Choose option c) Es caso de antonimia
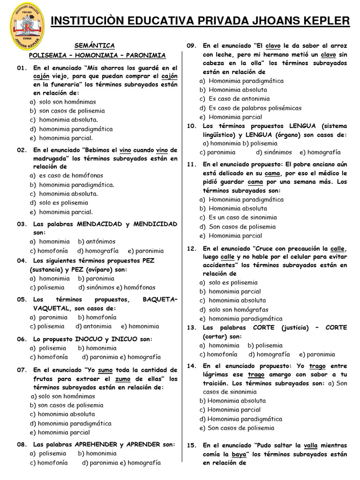234,98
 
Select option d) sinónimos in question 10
274,152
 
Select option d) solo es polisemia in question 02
58,202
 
